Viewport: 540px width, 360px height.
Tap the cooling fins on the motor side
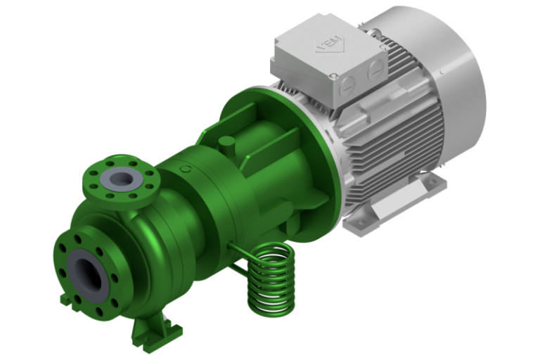394,134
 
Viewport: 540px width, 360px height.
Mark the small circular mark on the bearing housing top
184,170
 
